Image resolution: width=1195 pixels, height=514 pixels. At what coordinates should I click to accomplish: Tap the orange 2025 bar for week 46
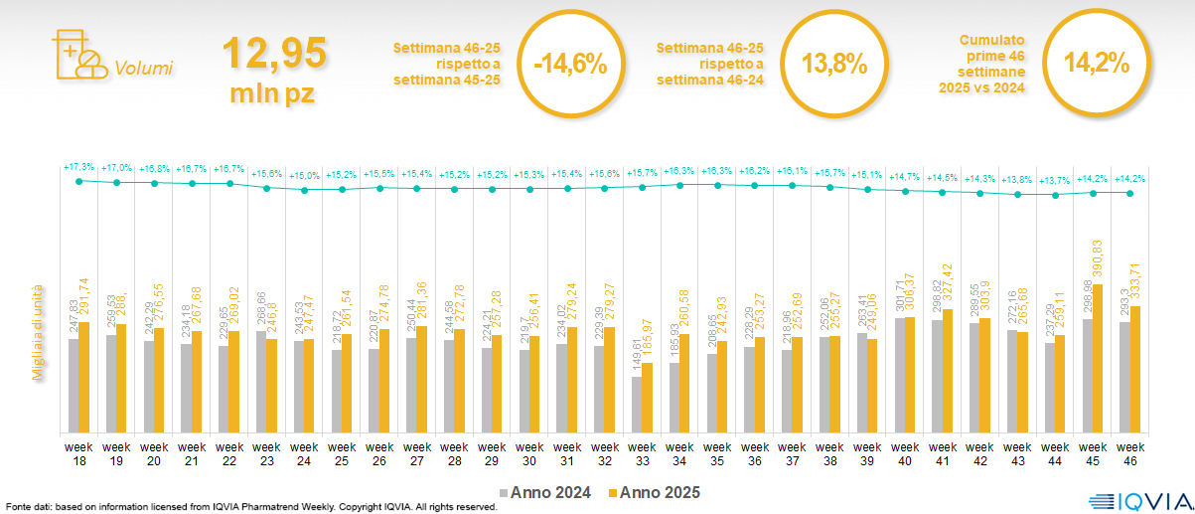pyautogui.click(x=1134, y=369)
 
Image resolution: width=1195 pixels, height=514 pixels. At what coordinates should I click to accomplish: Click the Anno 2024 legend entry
pyautogui.click(x=546, y=492)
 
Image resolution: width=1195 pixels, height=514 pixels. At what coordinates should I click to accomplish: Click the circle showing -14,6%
pyautogui.click(x=570, y=65)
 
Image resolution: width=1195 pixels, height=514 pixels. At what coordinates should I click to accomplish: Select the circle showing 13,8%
pyautogui.click(x=834, y=65)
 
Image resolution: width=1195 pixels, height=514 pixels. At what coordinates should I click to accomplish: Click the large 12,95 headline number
pyautogui.click(x=274, y=53)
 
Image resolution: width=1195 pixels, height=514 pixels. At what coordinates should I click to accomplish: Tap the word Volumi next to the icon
pyautogui.click(x=143, y=69)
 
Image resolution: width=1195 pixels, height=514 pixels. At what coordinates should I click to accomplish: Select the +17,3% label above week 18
pyautogui.click(x=79, y=166)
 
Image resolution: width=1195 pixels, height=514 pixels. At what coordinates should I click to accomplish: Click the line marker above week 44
pyautogui.click(x=1055, y=196)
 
